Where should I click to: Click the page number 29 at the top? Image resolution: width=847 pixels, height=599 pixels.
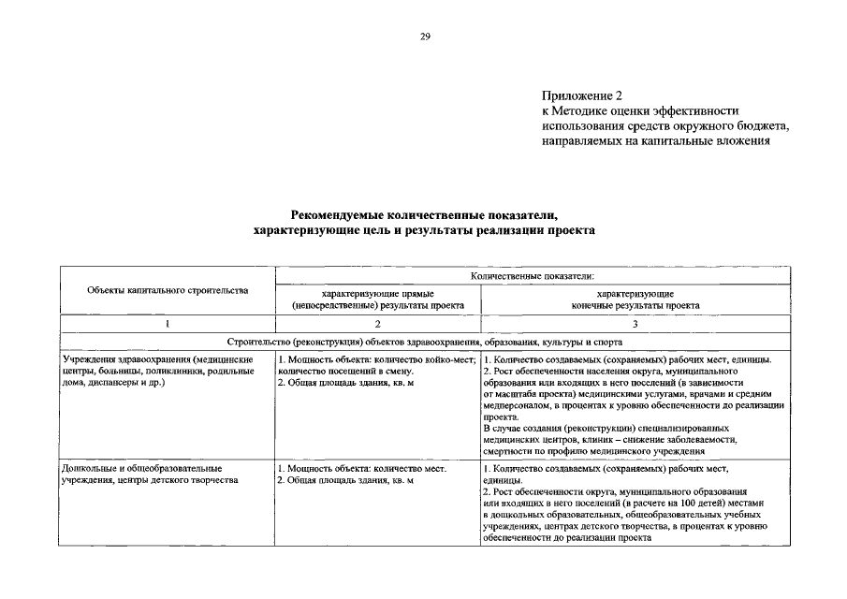[424, 37]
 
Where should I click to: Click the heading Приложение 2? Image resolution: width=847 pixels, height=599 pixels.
[581, 95]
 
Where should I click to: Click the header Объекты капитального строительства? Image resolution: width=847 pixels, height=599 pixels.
[168, 290]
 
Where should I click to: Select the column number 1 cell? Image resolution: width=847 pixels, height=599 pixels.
[168, 324]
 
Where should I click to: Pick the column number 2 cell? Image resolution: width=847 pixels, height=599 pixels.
[377, 324]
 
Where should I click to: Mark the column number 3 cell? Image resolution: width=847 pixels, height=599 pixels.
[635, 324]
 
